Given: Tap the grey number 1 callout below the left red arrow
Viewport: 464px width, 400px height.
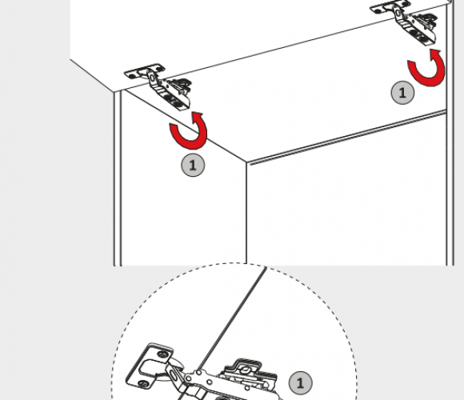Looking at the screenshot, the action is (193, 165).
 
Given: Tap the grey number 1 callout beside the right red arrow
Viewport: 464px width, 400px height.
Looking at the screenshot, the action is (402, 93).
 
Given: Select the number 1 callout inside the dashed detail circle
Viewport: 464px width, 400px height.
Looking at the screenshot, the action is (300, 383).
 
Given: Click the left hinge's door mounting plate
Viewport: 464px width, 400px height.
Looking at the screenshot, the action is (145, 71).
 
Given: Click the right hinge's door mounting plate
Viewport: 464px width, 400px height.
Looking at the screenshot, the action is (390, 6).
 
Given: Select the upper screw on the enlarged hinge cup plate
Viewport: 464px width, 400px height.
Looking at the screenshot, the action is (162, 354).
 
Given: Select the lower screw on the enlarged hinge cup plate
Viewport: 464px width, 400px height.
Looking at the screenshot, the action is (144, 384).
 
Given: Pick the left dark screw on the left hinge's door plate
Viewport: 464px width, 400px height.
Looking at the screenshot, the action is (132, 75).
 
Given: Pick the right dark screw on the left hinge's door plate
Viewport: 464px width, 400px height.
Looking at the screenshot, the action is (160, 68).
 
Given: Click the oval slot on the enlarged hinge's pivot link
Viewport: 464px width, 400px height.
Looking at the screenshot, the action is (174, 374).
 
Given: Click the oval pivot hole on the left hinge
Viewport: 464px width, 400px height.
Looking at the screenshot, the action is (152, 78).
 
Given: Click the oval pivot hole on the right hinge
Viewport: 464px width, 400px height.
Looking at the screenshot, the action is (398, 13).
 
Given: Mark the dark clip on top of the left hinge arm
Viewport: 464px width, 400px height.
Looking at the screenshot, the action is (181, 86).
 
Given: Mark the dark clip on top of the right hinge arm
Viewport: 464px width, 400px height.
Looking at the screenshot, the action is (426, 20).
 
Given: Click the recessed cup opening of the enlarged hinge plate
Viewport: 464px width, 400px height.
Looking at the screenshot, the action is (150, 368).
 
